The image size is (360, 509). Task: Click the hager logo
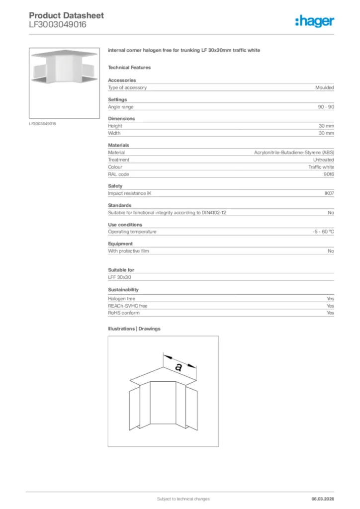click(314, 21)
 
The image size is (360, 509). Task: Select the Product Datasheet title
click(66, 15)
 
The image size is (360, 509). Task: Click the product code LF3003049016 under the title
click(57, 24)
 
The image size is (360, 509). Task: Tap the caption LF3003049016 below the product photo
click(42, 123)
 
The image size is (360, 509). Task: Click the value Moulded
click(324, 87)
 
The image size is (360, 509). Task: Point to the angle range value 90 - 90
click(326, 107)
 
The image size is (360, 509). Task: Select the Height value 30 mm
click(326, 126)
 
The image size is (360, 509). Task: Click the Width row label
click(114, 133)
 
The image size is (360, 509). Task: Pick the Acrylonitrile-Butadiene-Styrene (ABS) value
click(294, 153)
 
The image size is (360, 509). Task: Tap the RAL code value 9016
click(329, 174)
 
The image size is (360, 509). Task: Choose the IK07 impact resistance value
click(329, 193)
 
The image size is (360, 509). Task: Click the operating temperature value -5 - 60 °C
click(320, 232)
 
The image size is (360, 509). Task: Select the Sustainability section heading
click(123, 289)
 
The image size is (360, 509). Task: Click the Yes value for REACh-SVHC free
click(330, 306)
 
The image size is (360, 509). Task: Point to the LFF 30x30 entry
click(119, 277)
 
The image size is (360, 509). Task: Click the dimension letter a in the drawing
click(178, 367)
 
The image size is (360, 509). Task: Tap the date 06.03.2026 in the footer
click(323, 499)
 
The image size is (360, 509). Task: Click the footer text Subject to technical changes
click(183, 499)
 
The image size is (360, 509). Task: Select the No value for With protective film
click(331, 251)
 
